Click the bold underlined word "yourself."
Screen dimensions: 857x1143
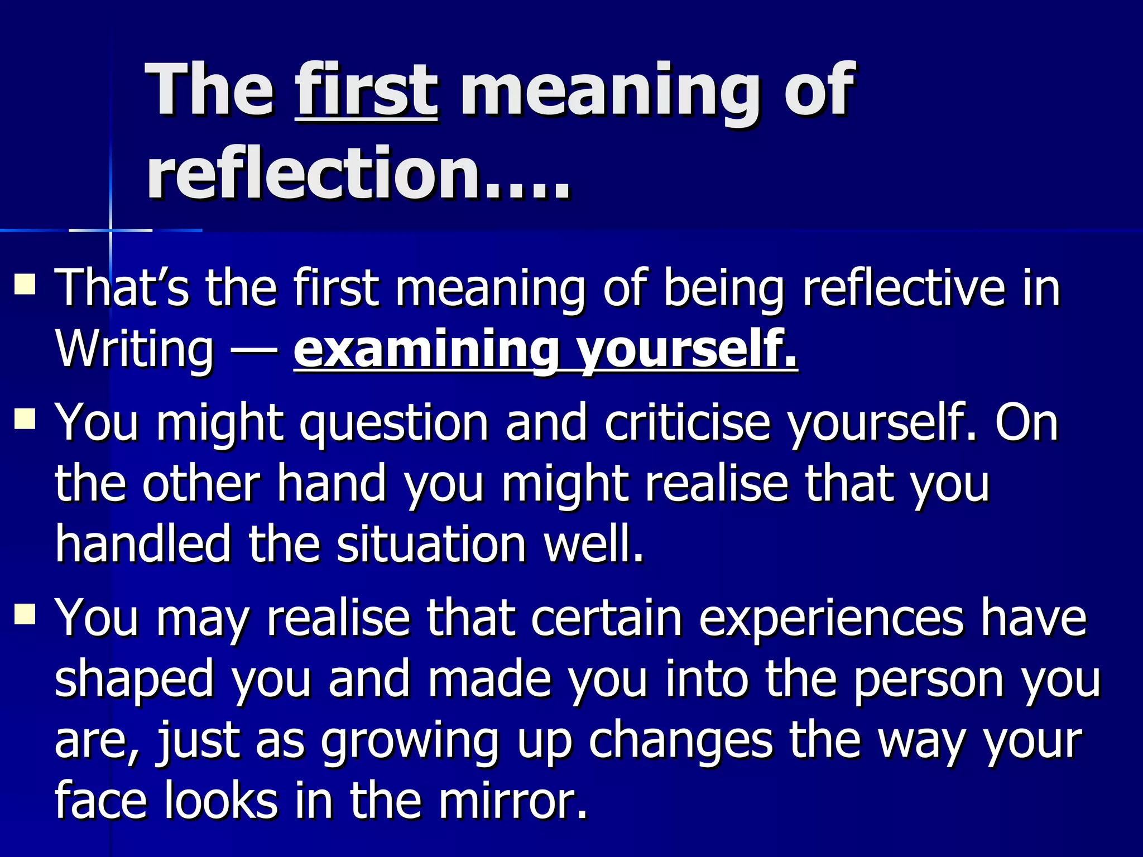tap(686, 350)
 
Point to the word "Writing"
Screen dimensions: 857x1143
tap(134, 350)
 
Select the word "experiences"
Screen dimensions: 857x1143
tap(831, 618)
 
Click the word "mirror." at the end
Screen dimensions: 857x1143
tap(513, 801)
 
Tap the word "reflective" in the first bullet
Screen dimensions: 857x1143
tap(904, 288)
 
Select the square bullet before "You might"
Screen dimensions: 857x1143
tap(26, 418)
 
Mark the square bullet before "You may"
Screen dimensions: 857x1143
tap(26, 613)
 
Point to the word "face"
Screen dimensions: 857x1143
tap(101, 801)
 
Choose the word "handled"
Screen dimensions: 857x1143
tap(143, 544)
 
